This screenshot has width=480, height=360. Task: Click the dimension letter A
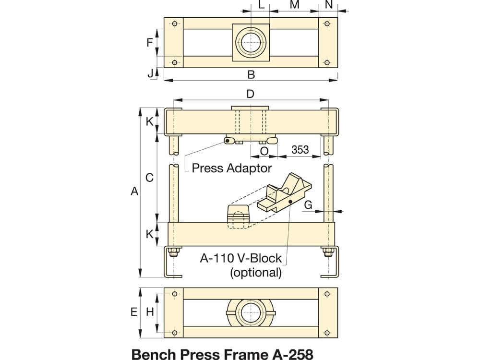[134, 192]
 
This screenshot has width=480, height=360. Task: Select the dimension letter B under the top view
[251, 75]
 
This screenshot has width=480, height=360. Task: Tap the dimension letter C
[149, 178]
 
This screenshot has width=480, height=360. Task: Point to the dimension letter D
[251, 94]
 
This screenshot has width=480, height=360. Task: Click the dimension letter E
[134, 312]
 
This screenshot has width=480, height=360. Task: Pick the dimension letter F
[149, 42]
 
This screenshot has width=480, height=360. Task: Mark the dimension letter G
[308, 204]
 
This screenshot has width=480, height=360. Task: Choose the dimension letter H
[150, 312]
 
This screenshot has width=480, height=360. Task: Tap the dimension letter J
[150, 73]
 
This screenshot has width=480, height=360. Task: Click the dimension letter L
[261, 5]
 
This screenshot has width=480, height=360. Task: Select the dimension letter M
[295, 5]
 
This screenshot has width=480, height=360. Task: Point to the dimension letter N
[329, 5]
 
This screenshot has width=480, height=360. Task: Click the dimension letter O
[264, 151]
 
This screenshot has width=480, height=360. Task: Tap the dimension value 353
[300, 150]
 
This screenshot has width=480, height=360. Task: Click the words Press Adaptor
[232, 168]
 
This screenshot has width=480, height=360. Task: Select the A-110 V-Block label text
[240, 258]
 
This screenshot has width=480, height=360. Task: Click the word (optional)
[256, 272]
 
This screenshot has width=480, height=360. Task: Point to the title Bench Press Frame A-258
[222, 354]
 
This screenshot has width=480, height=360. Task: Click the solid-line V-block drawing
[285, 192]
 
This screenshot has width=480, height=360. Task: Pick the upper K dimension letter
[149, 121]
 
